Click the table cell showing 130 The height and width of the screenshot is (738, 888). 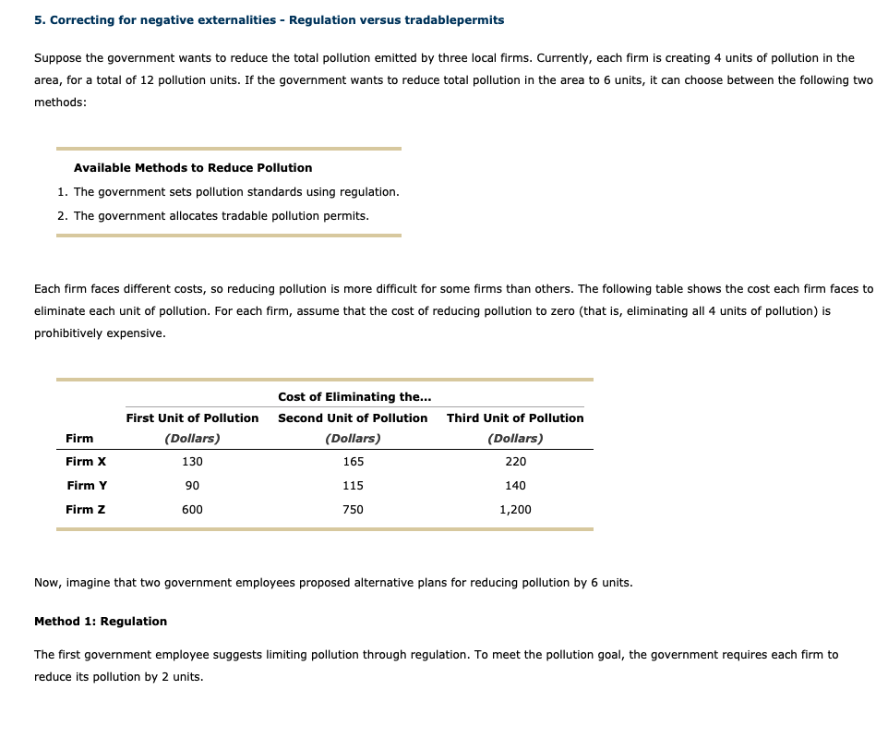[x=192, y=461]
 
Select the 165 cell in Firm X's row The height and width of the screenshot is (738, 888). [x=353, y=461]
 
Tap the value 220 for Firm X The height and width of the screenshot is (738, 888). [x=515, y=461]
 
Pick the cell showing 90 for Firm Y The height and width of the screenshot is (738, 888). [x=192, y=485]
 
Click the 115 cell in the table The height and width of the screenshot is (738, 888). [x=353, y=485]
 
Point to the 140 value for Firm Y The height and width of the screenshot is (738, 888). [x=515, y=485]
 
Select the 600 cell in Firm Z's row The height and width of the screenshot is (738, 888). [x=192, y=509]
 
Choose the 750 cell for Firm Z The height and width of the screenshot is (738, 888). [x=353, y=509]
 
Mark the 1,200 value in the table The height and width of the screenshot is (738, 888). [x=515, y=509]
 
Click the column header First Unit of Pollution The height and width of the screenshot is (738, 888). [x=192, y=417]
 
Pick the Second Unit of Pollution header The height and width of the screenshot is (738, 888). [x=353, y=417]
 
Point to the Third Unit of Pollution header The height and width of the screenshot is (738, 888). [x=515, y=417]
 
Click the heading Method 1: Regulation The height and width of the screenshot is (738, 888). [x=101, y=621]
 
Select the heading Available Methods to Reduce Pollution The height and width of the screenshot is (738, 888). [x=193, y=167]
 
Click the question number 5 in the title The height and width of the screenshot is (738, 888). [x=38, y=19]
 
